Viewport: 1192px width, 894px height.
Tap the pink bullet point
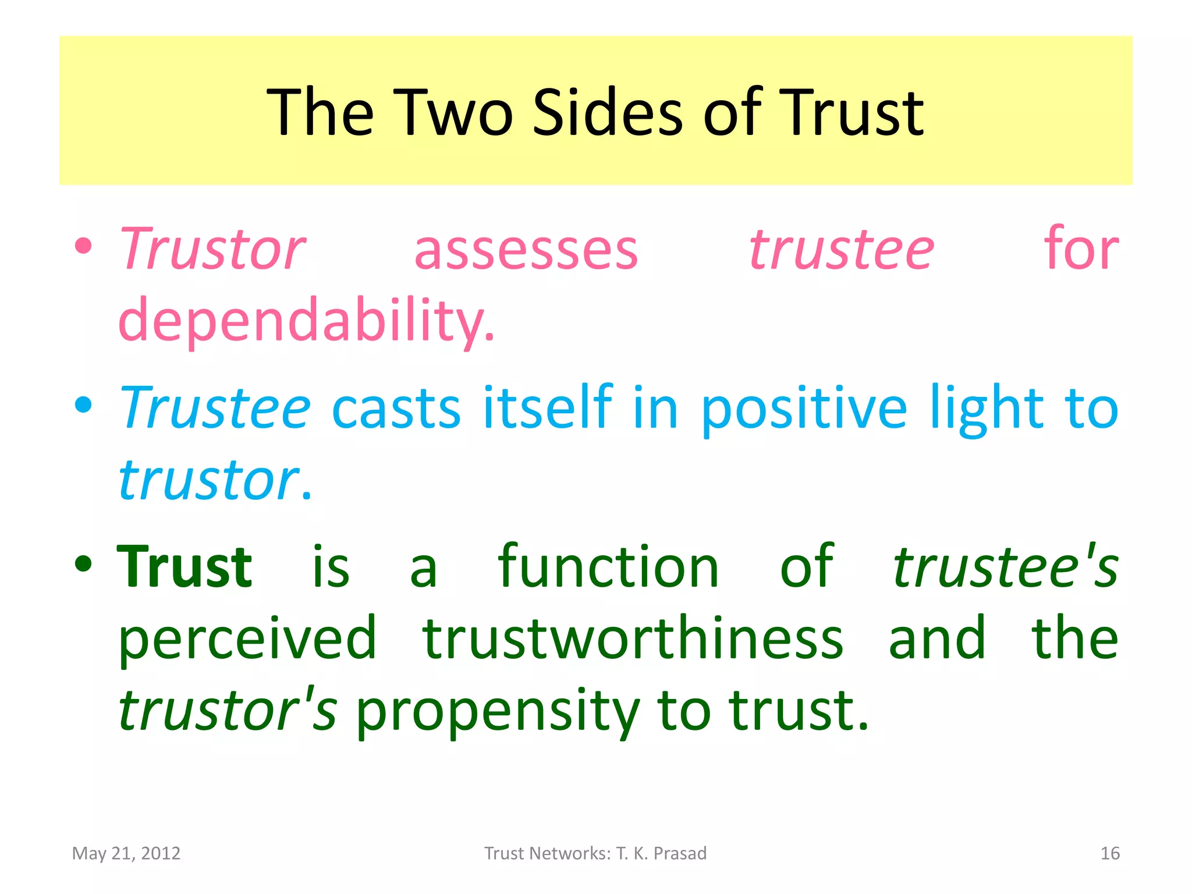pos(84,246)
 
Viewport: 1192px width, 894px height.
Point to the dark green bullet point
pos(84,563)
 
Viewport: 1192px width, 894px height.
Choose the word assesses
pos(526,250)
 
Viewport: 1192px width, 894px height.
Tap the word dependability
pos(306,320)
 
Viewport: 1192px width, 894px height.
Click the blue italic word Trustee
pos(214,407)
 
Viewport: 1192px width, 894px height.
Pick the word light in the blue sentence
pos(986,407)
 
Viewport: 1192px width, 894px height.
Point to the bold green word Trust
pos(185,566)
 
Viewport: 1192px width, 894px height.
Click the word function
pos(608,566)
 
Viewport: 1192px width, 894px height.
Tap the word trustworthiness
pos(633,638)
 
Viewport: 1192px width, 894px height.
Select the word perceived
pos(247,638)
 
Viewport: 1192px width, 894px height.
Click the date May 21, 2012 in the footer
pos(126,853)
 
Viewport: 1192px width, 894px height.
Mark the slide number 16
pos(1110,853)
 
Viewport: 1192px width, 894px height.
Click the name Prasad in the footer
pos(680,853)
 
